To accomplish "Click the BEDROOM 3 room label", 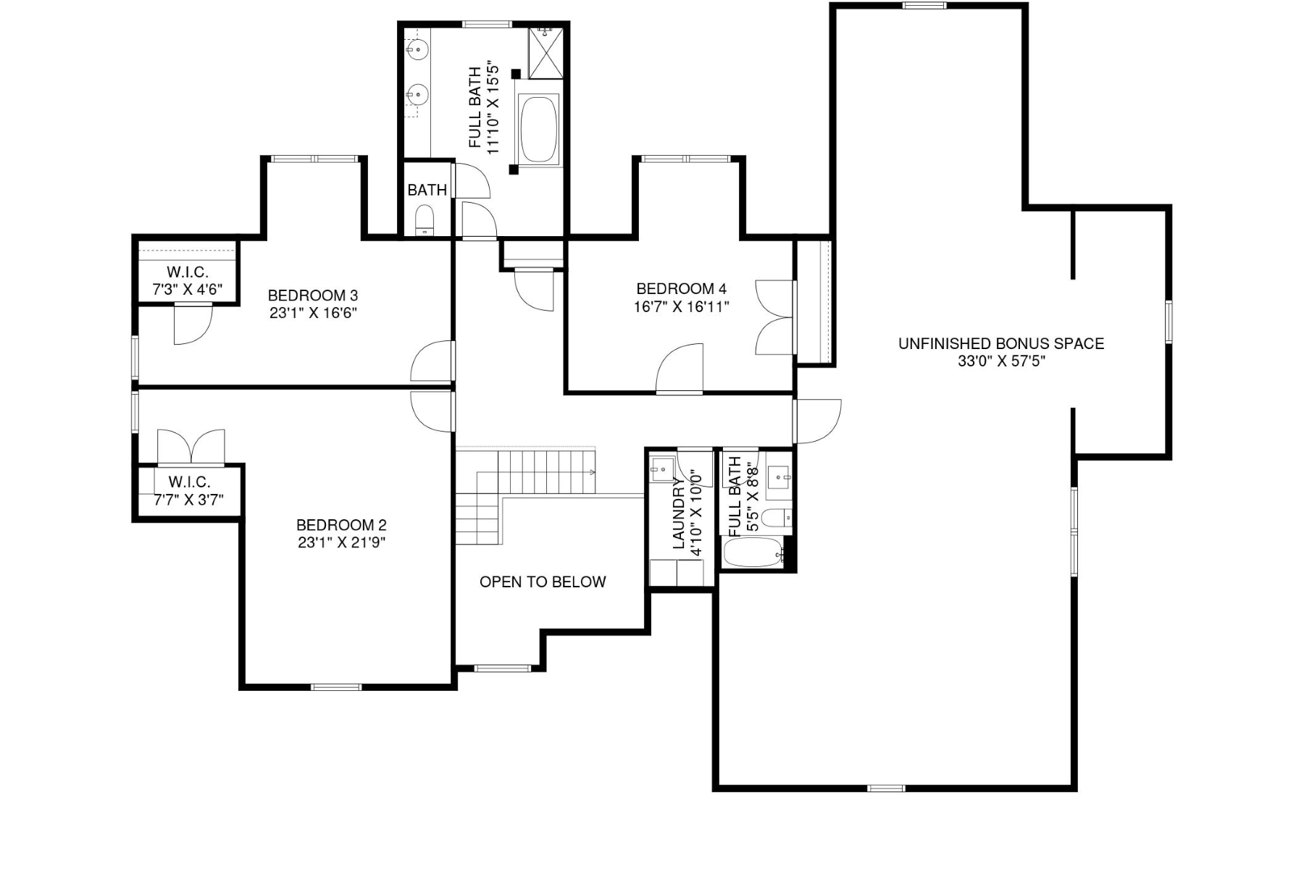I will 312,295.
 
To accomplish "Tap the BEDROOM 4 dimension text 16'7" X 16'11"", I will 681,307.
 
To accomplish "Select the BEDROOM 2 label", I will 341,525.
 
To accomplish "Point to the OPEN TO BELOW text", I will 543,582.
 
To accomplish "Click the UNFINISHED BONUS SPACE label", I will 1001,344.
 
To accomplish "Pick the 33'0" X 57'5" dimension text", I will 1001,361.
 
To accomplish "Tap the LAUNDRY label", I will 679,515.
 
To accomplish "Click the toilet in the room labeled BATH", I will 425,219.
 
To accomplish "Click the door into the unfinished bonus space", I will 817,421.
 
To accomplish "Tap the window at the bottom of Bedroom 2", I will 336,687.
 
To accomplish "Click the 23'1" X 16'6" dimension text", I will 312,314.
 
